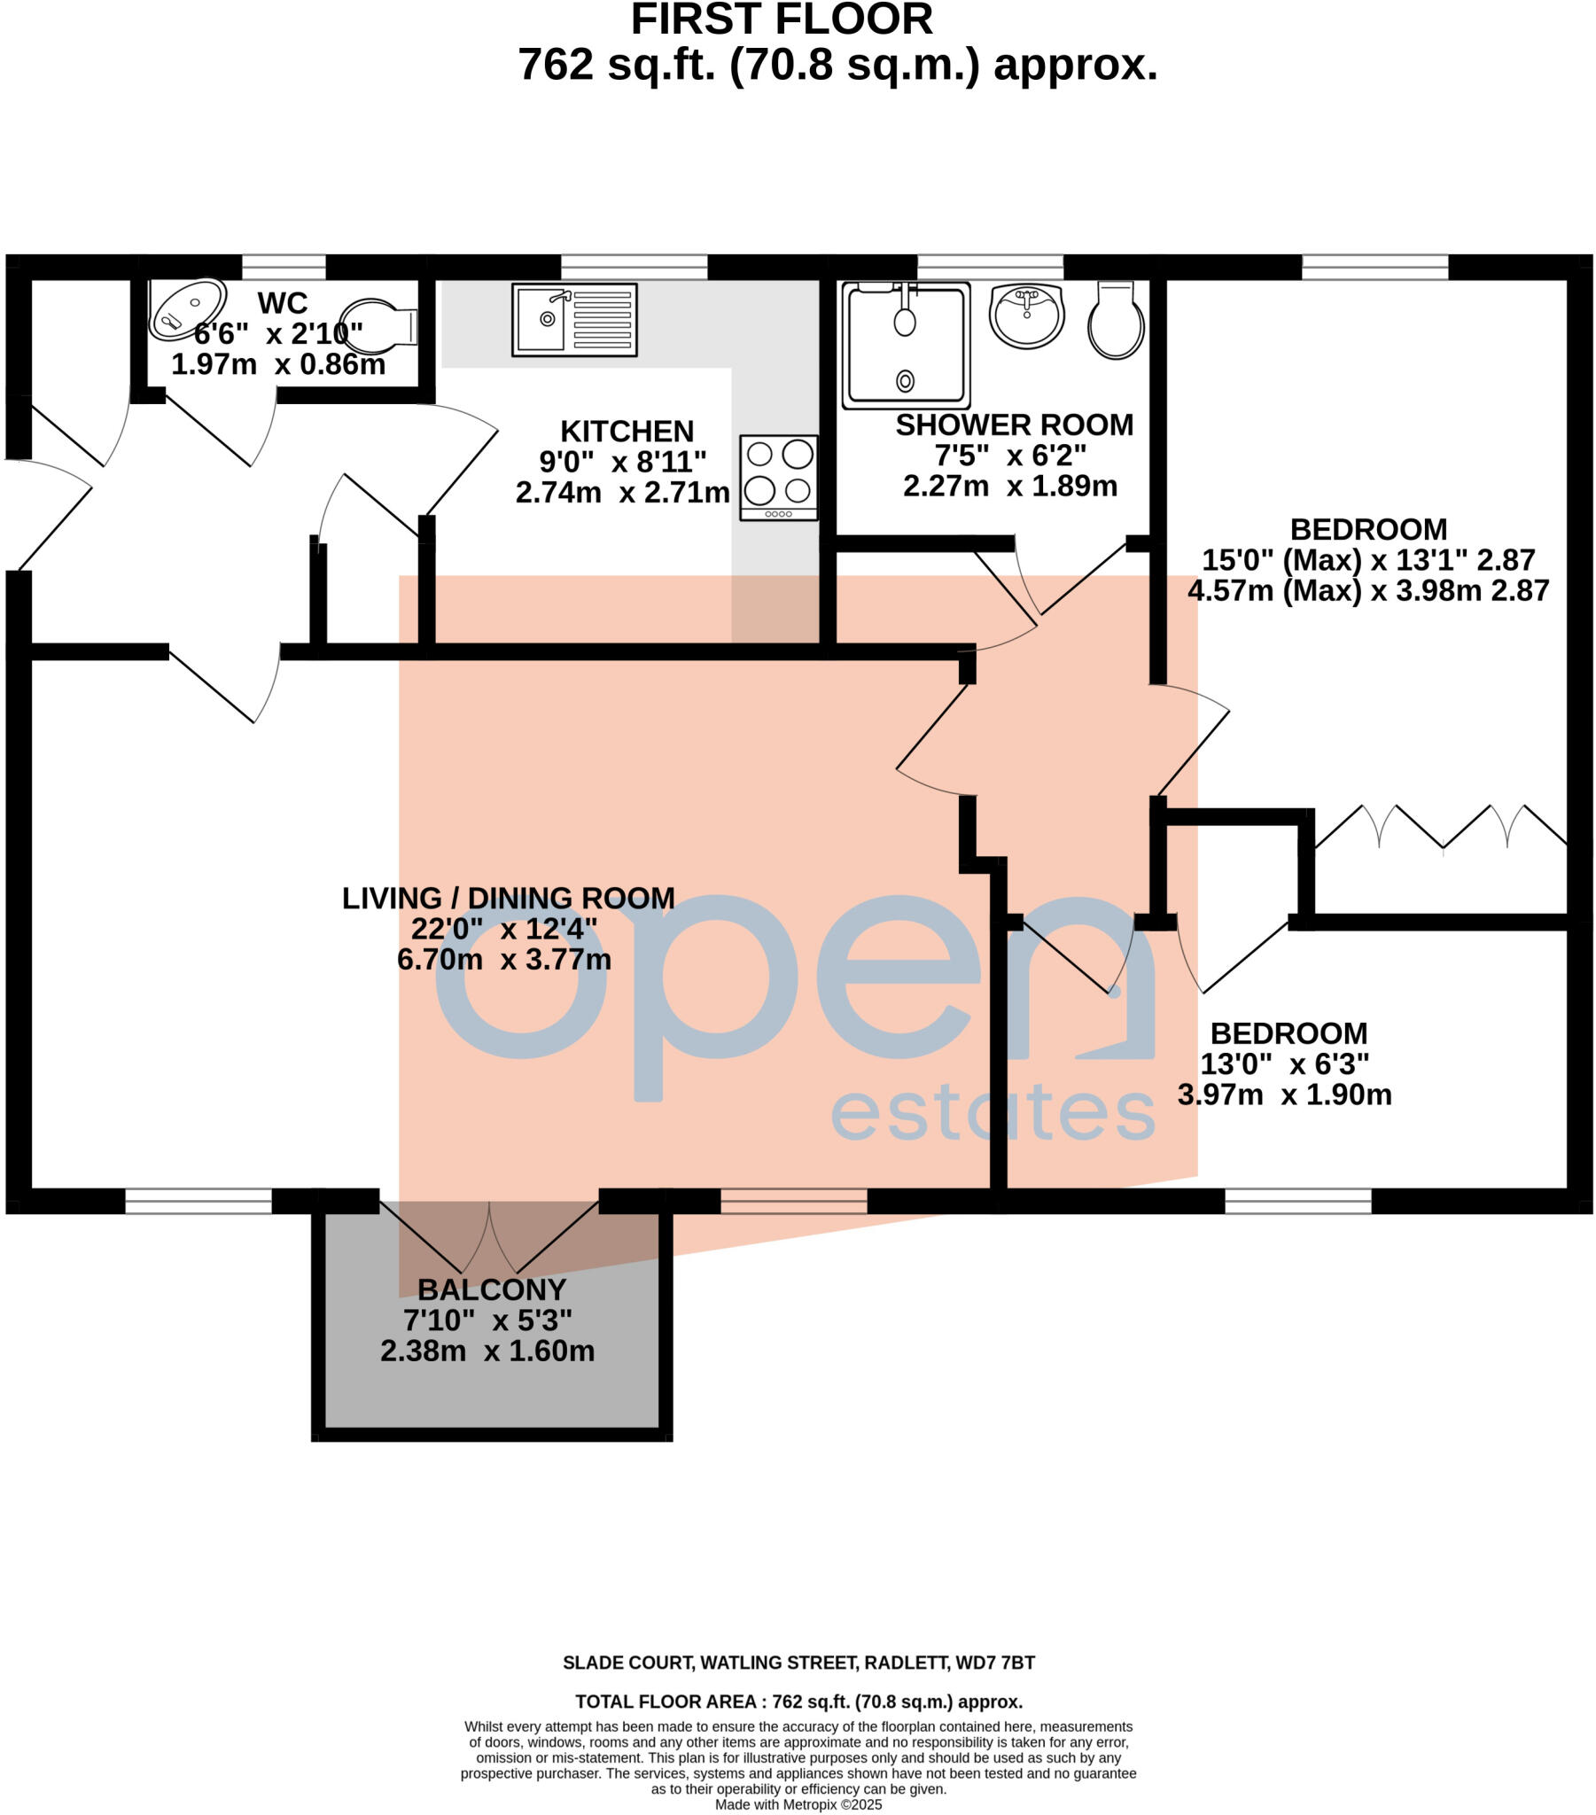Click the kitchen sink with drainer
coord(573,320)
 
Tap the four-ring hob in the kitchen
coord(778,478)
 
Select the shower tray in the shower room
coord(905,345)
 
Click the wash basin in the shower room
coord(1026,316)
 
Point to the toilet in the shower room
coord(1117,321)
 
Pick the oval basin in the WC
coord(186,309)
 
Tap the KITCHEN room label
coord(627,432)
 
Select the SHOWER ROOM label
coord(1014,425)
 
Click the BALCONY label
coord(491,1289)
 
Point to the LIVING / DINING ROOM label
coord(508,898)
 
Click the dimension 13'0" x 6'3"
coord(1283,1063)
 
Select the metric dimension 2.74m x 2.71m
coord(623,492)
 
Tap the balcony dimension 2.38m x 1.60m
coord(487,1351)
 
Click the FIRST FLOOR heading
coord(782,19)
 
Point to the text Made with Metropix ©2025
coord(798,1804)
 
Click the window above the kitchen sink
coord(635,267)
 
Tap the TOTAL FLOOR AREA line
coord(798,1702)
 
